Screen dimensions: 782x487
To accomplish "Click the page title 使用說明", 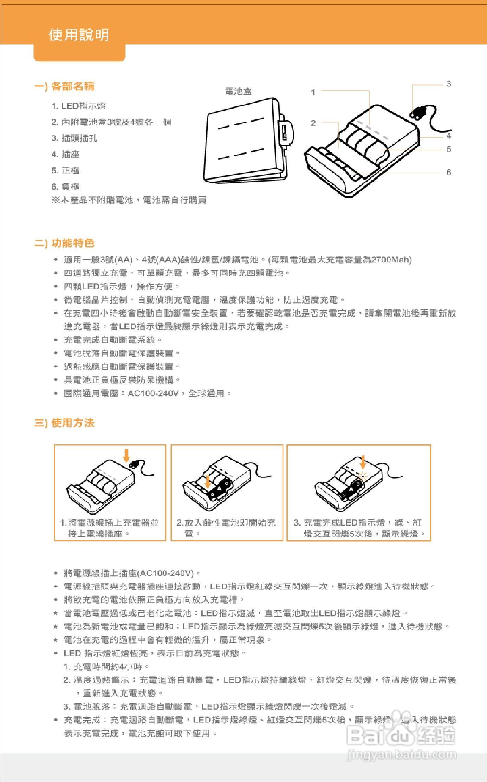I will point(79,35).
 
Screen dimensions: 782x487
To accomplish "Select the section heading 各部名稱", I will point(73,86).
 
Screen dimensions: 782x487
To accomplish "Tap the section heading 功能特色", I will point(73,243).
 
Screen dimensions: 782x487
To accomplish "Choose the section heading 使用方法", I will point(73,423).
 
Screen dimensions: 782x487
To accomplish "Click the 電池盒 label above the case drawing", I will point(238,91).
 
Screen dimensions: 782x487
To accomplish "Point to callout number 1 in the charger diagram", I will point(313,92).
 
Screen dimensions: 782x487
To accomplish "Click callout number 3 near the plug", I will point(449,84).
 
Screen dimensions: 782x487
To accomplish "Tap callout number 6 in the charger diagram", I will point(449,172).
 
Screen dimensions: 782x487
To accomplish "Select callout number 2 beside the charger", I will point(313,123).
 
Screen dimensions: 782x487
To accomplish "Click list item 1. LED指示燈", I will point(78,106).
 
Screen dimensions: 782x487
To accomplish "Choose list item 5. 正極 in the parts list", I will point(65,170).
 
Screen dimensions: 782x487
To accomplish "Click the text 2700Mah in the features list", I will point(390,260).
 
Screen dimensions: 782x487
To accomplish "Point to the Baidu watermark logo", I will point(401,733).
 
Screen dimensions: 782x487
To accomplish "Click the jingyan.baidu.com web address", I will point(401,755).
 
